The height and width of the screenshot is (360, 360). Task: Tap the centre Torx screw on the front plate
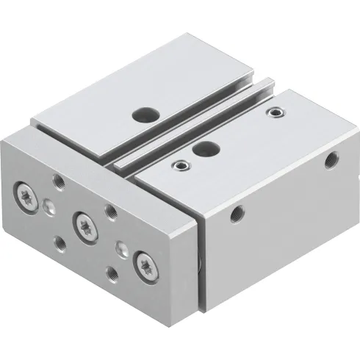click(x=82, y=222)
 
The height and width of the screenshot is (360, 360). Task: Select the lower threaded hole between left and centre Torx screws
click(x=61, y=240)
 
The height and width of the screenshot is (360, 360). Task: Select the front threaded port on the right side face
click(x=237, y=213)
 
